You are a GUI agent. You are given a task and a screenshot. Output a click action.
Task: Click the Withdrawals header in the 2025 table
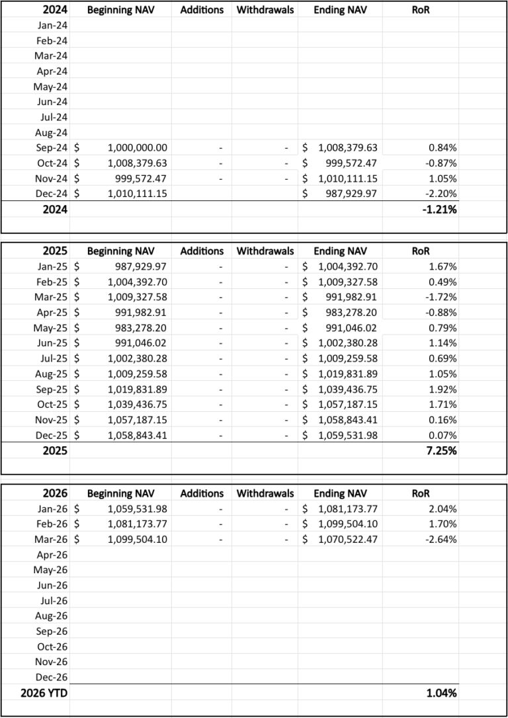pyautogui.click(x=265, y=251)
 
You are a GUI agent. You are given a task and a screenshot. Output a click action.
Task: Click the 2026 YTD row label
pyautogui.click(x=36, y=694)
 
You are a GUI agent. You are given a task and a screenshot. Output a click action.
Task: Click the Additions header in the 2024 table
pyautogui.click(x=202, y=10)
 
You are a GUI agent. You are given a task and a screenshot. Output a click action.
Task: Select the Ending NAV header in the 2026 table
pyautogui.click(x=339, y=493)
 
